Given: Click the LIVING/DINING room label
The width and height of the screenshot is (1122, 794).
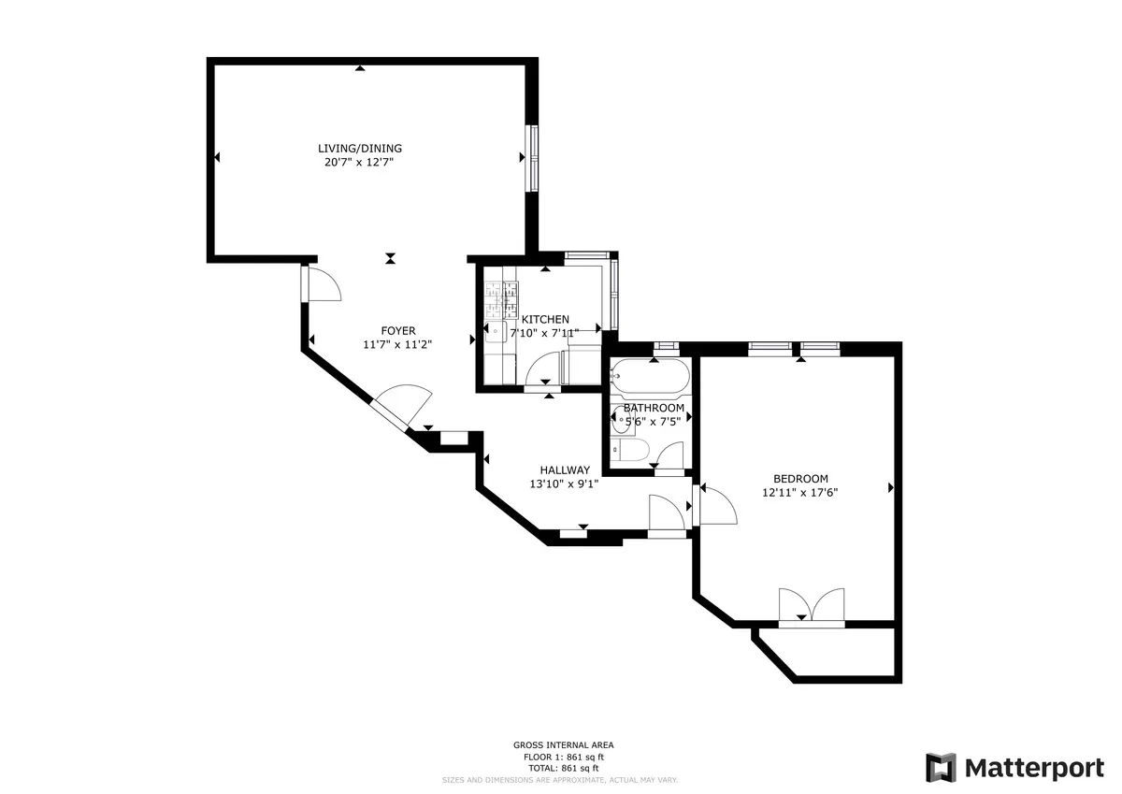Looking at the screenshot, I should pos(360,148).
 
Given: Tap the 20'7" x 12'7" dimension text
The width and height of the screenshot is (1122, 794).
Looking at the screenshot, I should pos(360,162).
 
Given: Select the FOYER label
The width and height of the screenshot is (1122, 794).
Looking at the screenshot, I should pos(397,330).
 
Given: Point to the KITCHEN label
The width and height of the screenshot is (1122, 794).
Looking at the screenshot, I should pos(545,319).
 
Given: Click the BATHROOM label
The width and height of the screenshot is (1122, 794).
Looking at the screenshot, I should pos(654,408).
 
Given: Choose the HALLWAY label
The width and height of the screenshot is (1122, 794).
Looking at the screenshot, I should pos(565,470).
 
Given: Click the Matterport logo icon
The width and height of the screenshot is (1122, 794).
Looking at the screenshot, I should pos(942,768).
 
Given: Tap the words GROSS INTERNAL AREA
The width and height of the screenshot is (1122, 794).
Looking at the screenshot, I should pos(563,745).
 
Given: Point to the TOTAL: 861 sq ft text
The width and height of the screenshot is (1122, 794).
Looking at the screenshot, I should pos(563,767).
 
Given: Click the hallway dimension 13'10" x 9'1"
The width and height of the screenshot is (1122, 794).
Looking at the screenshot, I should pos(565,484).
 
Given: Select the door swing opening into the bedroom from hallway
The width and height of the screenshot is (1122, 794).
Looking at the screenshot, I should pos(716,505).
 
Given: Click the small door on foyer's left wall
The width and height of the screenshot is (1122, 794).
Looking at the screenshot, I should pos(321,283).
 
